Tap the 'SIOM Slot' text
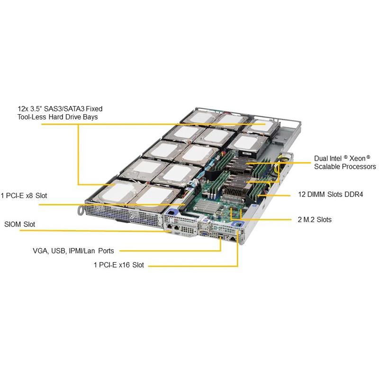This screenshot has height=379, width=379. pyautogui.click(x=19, y=224)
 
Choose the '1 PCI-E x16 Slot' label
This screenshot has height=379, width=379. pyautogui.click(x=118, y=265)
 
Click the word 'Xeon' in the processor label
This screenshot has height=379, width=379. pyautogui.click(x=360, y=158)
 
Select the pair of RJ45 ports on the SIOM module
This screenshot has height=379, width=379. pyautogui.click(x=173, y=227)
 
